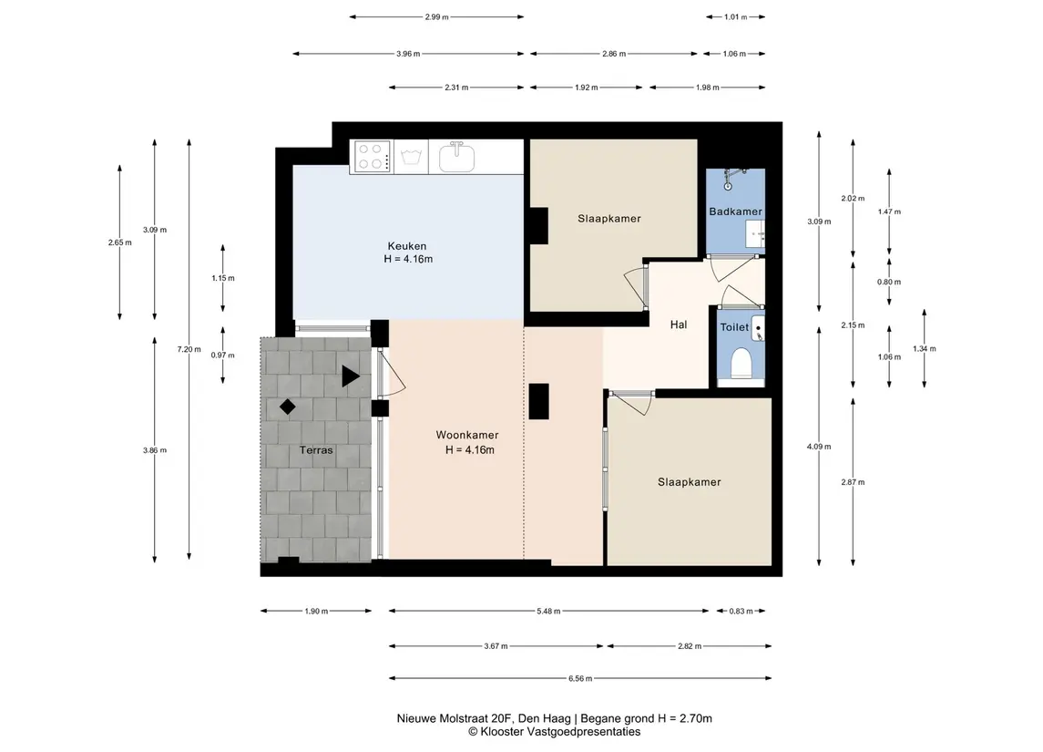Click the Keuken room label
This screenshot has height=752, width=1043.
[x=407, y=246]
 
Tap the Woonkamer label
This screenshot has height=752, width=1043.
[x=467, y=435]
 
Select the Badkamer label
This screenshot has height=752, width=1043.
[x=735, y=211]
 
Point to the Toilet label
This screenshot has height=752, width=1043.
[x=734, y=327]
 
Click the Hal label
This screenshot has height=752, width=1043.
[x=679, y=324]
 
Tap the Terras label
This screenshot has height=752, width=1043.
[x=316, y=450]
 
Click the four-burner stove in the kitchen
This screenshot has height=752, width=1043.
[x=372, y=157]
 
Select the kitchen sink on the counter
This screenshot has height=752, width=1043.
[x=456, y=157]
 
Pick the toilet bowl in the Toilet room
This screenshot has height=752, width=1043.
[x=741, y=364]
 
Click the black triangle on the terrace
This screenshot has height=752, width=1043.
[x=350, y=376]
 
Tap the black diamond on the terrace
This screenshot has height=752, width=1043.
[x=287, y=407]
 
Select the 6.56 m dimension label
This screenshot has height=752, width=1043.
[x=580, y=679]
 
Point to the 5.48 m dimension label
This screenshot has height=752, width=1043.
[x=548, y=611]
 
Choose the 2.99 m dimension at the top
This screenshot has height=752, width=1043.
[x=436, y=17]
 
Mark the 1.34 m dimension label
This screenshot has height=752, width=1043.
[x=924, y=349]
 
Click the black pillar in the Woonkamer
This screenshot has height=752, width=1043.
[x=538, y=401]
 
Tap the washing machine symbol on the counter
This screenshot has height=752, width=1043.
[x=411, y=158]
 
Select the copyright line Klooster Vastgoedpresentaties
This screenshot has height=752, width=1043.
[x=554, y=732]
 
